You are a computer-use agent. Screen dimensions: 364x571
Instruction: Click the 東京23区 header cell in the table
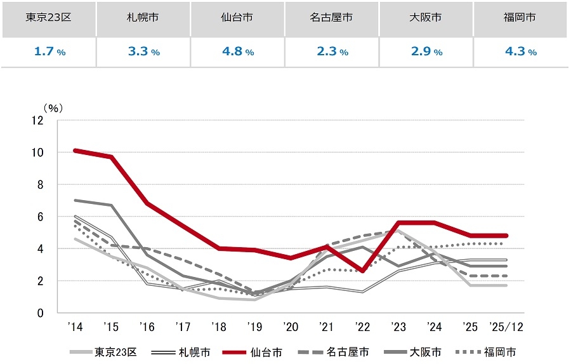tap(48, 18)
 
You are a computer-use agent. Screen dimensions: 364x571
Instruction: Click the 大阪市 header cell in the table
tap(425, 18)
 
